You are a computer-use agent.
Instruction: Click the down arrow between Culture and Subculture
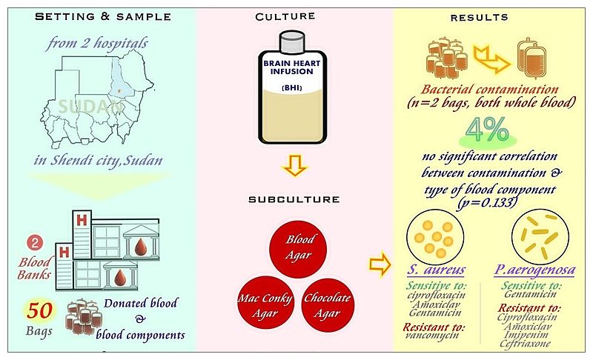296,167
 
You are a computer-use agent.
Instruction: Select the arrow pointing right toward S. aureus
380,263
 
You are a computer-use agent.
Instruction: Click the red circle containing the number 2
34,243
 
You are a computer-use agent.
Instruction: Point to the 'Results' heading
484,16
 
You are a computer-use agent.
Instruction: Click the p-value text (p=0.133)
488,202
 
